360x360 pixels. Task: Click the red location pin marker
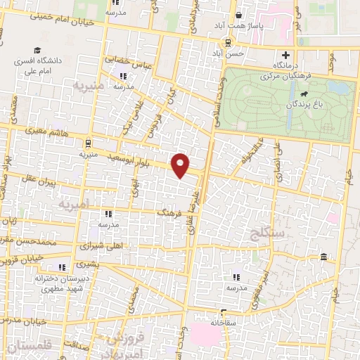pyautogui.click(x=181, y=165)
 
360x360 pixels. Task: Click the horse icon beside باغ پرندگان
pyautogui.click(x=303, y=93)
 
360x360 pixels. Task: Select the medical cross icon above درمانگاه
pyautogui.click(x=285, y=56)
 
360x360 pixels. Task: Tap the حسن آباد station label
pyautogui.click(x=231, y=53)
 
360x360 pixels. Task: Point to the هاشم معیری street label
pyautogui.click(x=51, y=131)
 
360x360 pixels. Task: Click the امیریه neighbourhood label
pyautogui.click(x=73, y=205)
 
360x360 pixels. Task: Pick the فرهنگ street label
pyautogui.click(x=169, y=211)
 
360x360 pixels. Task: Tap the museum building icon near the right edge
pyautogui.click(x=323, y=256)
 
